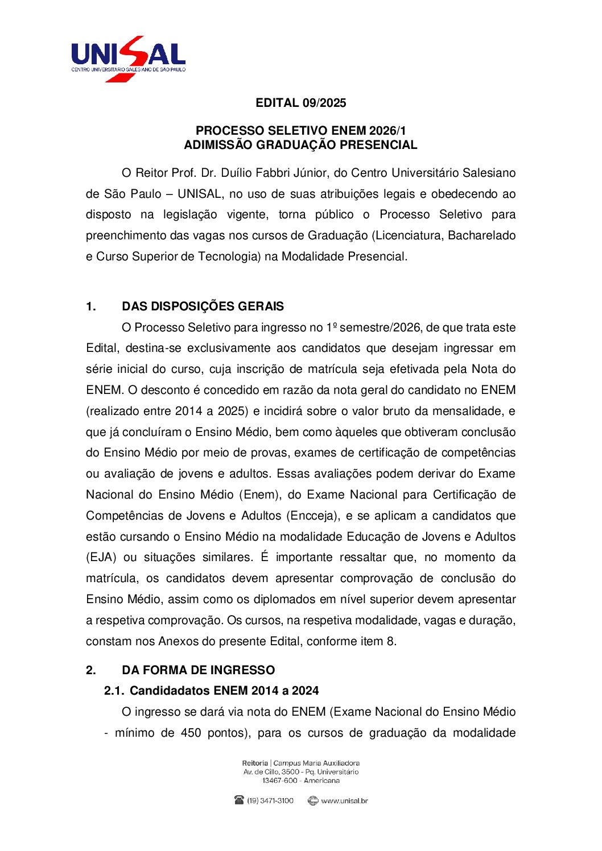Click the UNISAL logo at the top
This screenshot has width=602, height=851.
(x=129, y=58)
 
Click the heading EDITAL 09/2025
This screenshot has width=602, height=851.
(x=300, y=103)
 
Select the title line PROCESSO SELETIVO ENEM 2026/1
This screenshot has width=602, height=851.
(x=300, y=131)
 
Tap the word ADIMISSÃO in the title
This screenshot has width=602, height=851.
(x=218, y=145)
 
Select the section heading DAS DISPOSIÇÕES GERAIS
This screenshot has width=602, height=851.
(x=203, y=306)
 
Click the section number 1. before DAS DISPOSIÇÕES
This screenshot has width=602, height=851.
(x=91, y=306)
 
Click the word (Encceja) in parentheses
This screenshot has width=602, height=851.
(x=312, y=516)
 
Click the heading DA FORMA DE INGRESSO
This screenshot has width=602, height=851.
(x=198, y=670)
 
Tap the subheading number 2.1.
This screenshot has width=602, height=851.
(x=114, y=691)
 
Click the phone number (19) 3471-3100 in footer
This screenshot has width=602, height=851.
(x=270, y=800)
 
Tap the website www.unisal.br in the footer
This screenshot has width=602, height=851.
(x=344, y=800)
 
